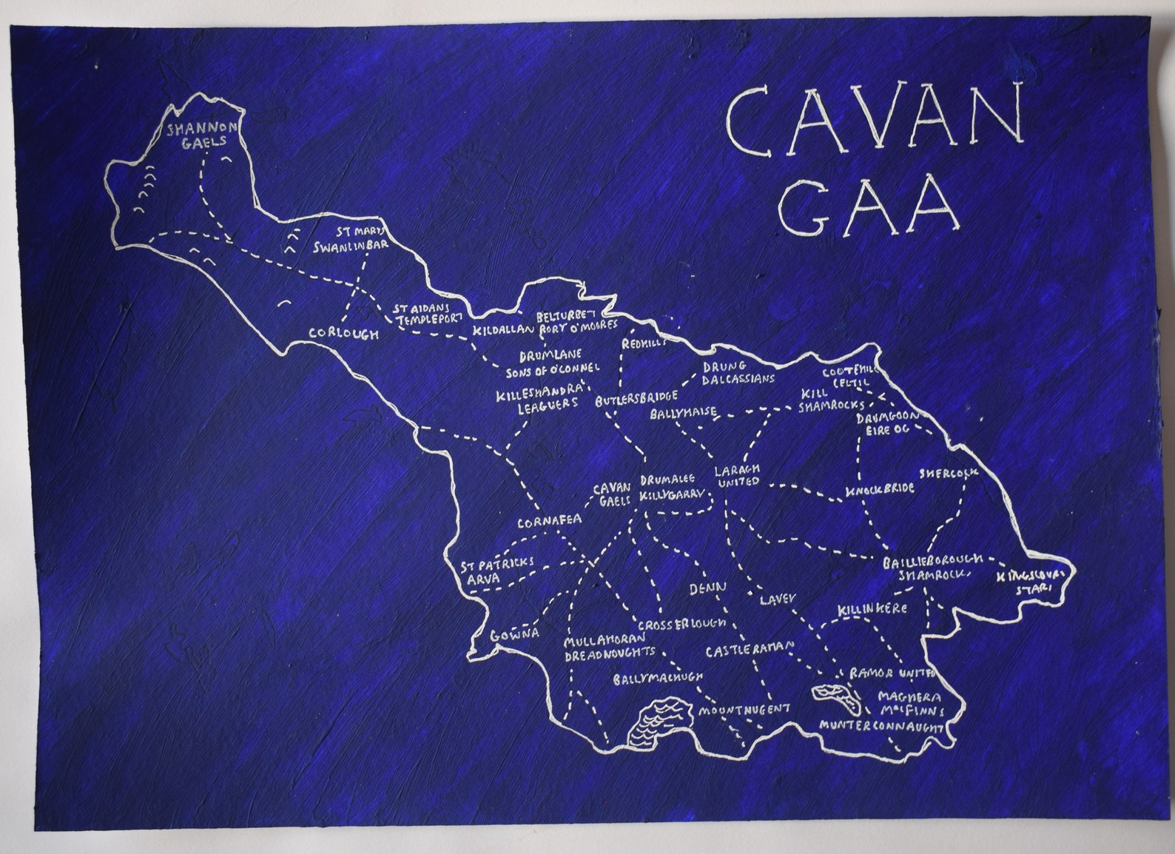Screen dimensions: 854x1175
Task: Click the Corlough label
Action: pyautogui.click(x=343, y=334)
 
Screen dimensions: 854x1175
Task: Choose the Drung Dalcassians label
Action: pyautogui.click(x=737, y=372)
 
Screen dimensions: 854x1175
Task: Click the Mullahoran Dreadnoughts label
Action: pyautogui.click(x=609, y=646)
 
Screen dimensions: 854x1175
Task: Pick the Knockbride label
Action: pyautogui.click(x=880, y=489)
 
